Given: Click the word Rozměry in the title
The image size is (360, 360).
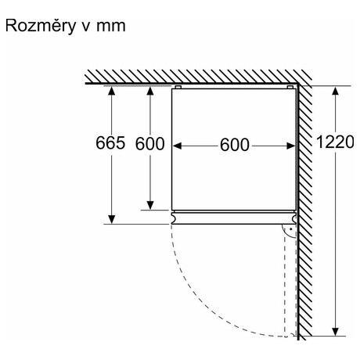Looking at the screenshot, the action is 41,26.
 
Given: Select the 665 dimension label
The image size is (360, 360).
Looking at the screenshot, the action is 110,143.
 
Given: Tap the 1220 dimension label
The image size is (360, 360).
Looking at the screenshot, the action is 335,142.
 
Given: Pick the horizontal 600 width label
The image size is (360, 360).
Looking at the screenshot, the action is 235,145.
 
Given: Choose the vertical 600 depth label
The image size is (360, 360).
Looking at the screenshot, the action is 149,144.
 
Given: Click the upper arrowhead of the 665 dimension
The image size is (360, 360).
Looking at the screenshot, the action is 111,91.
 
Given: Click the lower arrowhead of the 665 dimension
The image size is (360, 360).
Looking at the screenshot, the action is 111,219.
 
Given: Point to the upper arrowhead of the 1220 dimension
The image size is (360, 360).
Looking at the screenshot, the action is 335,91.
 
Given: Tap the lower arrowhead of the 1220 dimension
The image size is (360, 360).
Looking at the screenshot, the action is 335,331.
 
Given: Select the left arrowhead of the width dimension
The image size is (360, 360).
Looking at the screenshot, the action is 177,146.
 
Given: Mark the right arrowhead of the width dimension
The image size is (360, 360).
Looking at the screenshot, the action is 291,146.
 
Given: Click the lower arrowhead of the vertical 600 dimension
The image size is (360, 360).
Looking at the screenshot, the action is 150,205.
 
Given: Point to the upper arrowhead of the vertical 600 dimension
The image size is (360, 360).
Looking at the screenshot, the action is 150,91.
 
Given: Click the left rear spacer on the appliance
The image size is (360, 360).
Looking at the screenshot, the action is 178,87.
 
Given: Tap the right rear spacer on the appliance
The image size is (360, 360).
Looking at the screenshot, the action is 290,87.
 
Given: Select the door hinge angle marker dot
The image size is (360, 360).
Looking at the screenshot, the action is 290,229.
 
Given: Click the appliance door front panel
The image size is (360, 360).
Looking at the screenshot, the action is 234,218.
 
